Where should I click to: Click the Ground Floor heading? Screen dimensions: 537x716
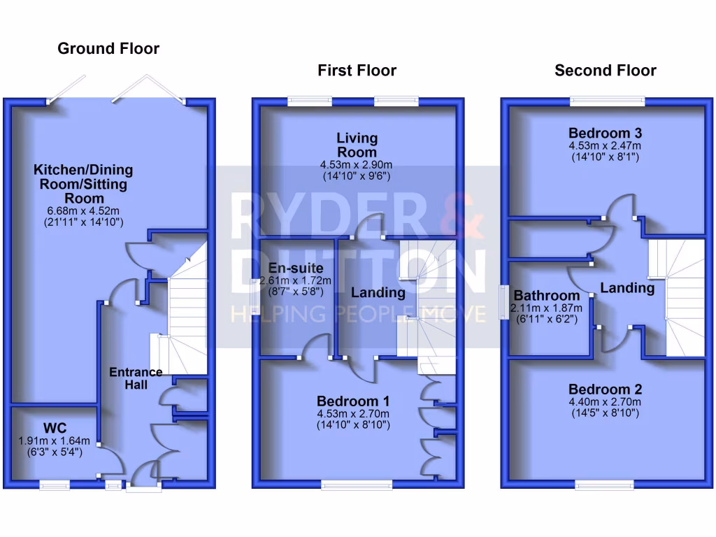[108, 48]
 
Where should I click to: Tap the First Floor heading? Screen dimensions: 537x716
[357, 70]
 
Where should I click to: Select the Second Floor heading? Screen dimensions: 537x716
[606, 70]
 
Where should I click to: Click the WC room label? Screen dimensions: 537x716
[55, 427]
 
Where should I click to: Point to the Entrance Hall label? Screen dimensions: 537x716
[136, 378]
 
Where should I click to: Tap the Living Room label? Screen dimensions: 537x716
[357, 145]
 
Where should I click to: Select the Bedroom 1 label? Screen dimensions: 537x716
[353, 401]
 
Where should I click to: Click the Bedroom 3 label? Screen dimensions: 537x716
[606, 133]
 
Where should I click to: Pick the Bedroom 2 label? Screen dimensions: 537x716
[606, 389]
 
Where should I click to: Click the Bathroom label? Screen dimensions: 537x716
[546, 296]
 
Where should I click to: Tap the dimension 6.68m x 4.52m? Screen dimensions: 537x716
[83, 210]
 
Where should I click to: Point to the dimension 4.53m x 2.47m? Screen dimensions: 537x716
[606, 145]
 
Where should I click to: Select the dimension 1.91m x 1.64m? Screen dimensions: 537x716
[55, 441]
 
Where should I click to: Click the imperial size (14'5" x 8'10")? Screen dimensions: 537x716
[606, 413]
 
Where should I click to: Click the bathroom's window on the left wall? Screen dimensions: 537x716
[503, 303]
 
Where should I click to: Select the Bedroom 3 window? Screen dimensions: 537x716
[608, 101]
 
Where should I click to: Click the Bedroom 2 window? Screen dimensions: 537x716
[606, 484]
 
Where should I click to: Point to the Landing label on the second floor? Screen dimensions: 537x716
[627, 287]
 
